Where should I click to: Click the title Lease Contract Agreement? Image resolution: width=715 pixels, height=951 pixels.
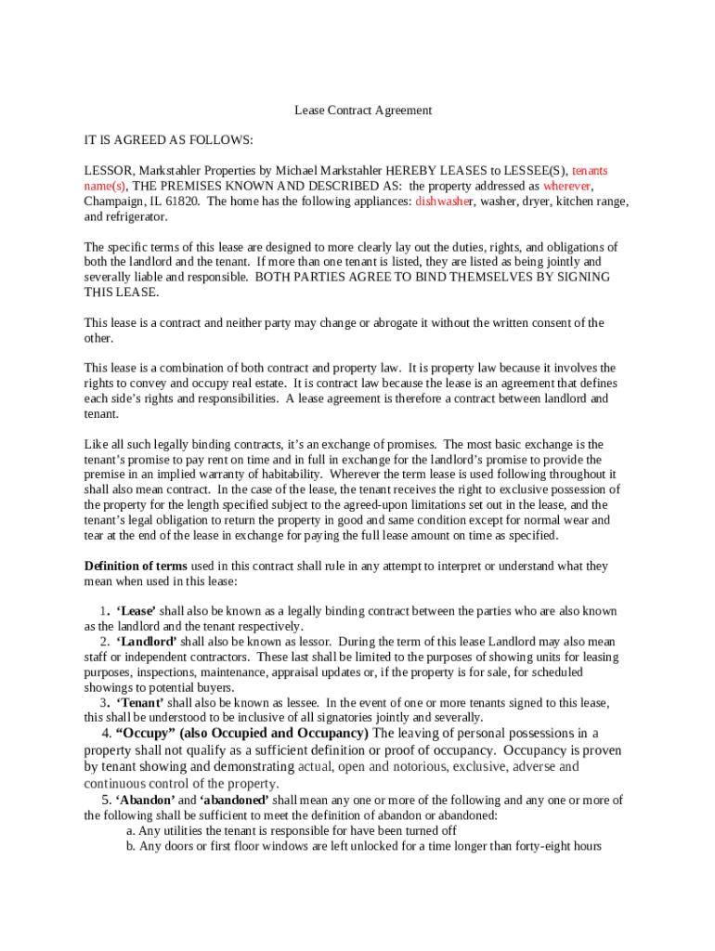(x=363, y=111)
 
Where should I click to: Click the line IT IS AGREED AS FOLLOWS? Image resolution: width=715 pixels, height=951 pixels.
(x=168, y=140)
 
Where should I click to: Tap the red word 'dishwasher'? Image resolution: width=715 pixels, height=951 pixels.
(x=444, y=202)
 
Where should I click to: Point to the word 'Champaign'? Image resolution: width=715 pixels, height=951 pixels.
(x=114, y=202)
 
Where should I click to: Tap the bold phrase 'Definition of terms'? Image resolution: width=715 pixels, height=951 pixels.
(x=136, y=566)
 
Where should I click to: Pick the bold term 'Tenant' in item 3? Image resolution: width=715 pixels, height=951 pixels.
(x=139, y=703)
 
